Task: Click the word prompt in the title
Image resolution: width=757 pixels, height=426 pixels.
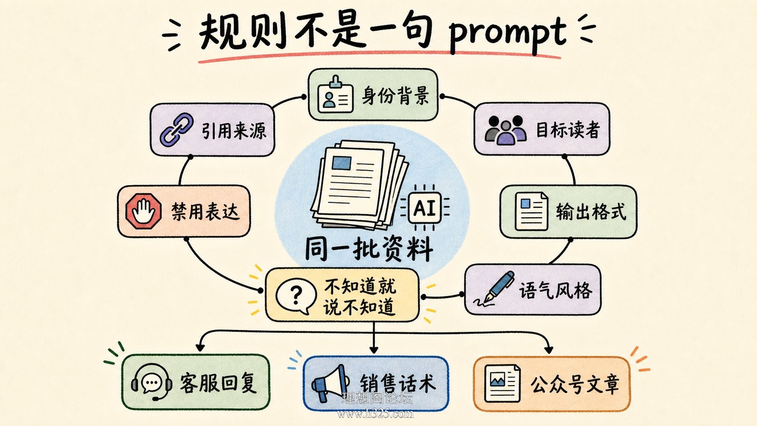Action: (x=508, y=35)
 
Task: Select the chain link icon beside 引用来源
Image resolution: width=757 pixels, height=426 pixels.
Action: (x=177, y=130)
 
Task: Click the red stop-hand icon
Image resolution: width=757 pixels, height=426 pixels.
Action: (x=143, y=211)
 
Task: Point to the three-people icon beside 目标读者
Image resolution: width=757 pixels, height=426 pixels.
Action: (x=506, y=130)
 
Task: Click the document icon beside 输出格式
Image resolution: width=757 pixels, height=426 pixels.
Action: (x=531, y=211)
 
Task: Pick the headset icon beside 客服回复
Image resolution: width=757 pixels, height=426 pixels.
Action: (x=152, y=382)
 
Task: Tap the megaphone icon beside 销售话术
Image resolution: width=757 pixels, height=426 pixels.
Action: (x=330, y=383)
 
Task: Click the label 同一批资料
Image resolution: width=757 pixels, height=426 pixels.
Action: (x=369, y=249)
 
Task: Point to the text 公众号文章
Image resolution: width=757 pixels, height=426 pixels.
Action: (x=575, y=384)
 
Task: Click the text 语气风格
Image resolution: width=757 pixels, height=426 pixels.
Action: (x=556, y=290)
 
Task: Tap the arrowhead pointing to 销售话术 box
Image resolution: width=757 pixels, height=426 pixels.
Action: (x=374, y=349)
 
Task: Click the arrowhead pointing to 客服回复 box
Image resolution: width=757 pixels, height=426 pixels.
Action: (x=200, y=347)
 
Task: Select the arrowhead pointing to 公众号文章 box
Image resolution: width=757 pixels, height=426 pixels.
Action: (x=549, y=349)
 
